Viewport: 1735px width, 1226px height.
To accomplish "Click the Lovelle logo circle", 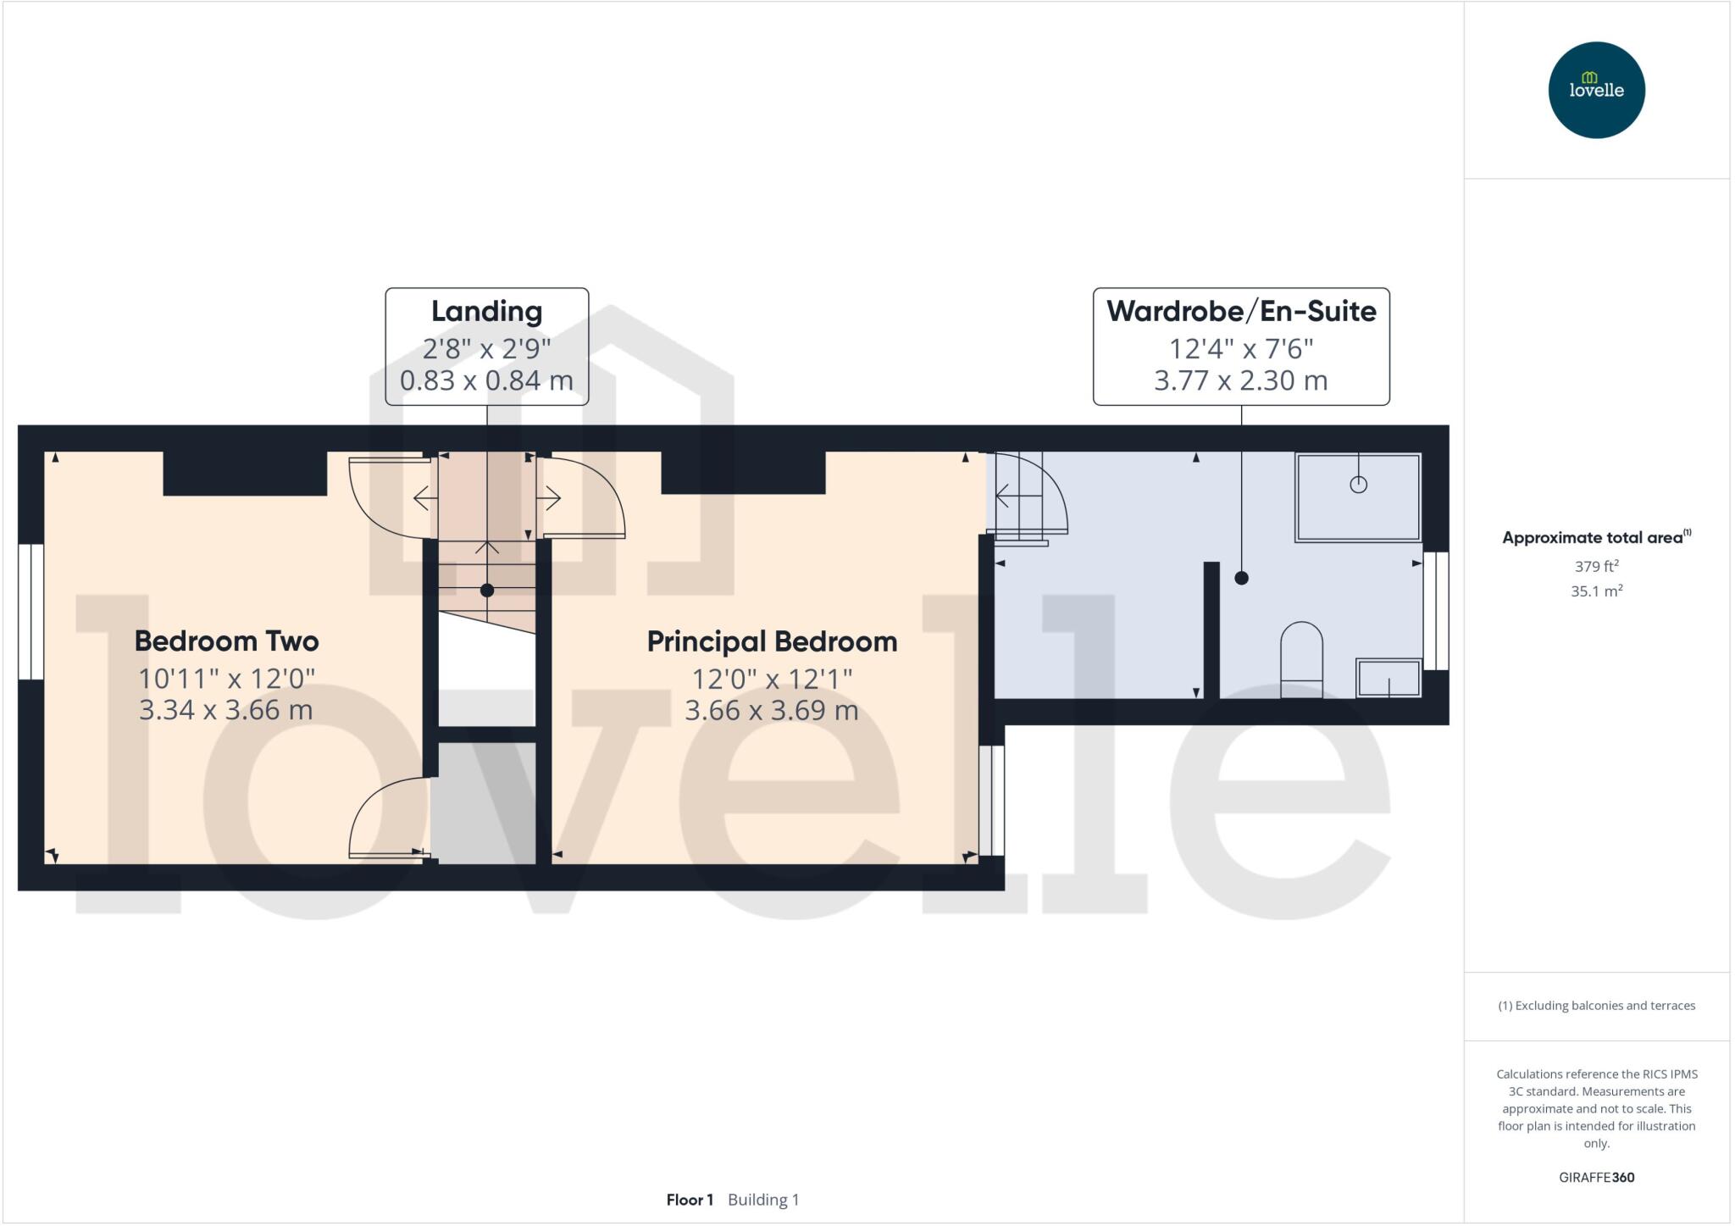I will (x=1596, y=90).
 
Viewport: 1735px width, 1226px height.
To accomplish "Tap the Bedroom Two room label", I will (x=226, y=641).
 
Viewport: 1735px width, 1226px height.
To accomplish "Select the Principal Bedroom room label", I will (x=772, y=641).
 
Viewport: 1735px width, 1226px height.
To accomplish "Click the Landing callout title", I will (x=486, y=311).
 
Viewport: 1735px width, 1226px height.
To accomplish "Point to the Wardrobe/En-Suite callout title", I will (x=1240, y=311).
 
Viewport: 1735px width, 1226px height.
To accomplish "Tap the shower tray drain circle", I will (x=1358, y=485).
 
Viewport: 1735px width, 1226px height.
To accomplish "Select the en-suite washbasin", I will (x=1389, y=678).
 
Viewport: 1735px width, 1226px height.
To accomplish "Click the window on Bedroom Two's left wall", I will (x=31, y=611).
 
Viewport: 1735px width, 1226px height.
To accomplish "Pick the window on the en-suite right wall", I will (x=1435, y=611).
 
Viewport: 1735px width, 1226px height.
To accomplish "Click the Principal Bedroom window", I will (x=992, y=801).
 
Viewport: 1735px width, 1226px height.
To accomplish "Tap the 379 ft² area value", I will (x=1596, y=566).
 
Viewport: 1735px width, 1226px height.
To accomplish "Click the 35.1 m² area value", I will (x=1596, y=591).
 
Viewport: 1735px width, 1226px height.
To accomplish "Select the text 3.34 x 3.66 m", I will (x=226, y=710).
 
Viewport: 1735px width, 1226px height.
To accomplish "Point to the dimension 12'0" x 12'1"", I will (x=772, y=679).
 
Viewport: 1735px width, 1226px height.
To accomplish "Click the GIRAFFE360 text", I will (x=1596, y=1177).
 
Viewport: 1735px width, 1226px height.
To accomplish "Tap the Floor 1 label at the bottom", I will (x=690, y=1200).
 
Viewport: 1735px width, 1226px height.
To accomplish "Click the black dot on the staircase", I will (x=486, y=591).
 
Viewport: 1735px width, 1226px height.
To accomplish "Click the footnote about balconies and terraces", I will (x=1596, y=1006).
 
